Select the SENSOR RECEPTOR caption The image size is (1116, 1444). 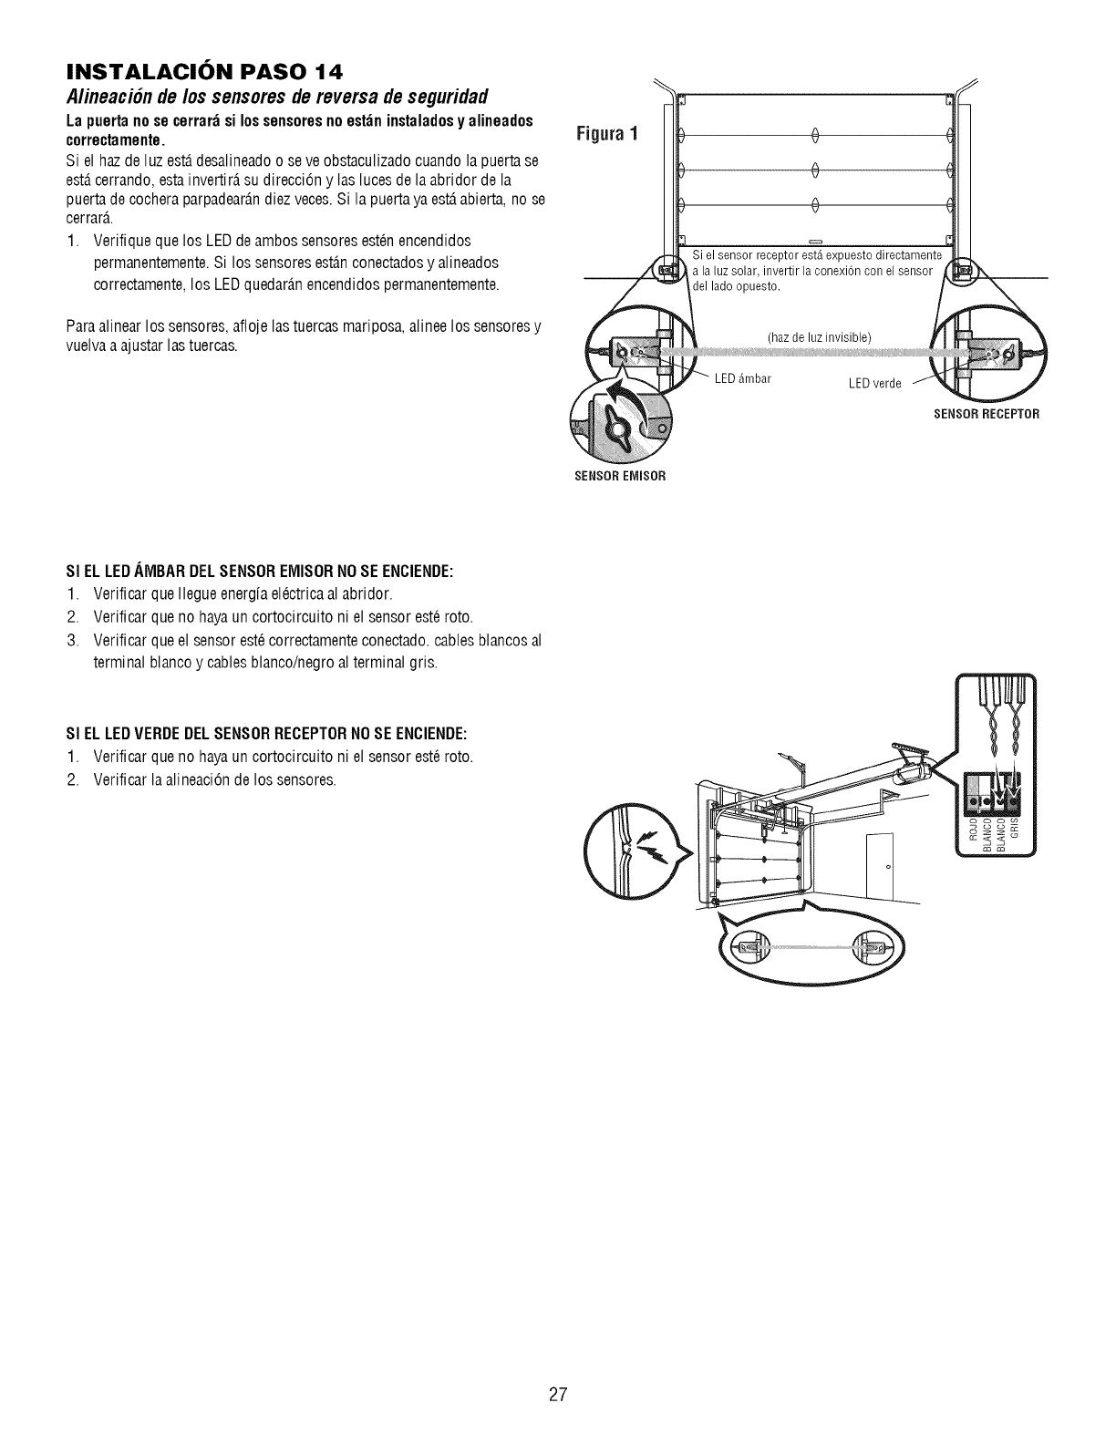[987, 414]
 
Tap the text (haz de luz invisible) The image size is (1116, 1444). [821, 338]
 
